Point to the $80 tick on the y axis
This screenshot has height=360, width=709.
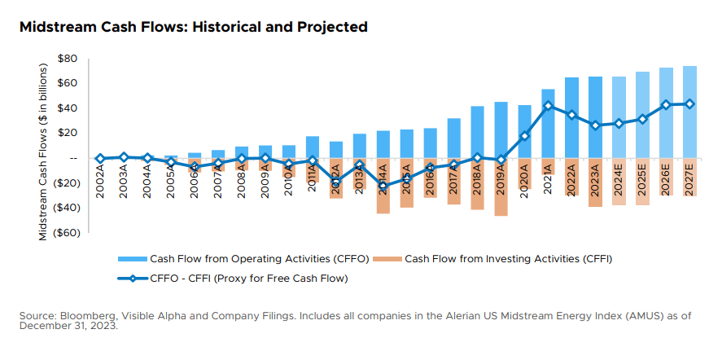67,59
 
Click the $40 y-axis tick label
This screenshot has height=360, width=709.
67,108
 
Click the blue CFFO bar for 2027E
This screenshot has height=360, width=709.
689,112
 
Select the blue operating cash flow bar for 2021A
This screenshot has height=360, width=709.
548,123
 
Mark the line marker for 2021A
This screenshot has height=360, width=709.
548,105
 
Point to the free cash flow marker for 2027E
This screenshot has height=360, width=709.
689,103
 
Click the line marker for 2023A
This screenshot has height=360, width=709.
595,125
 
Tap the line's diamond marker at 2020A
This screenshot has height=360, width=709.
524,136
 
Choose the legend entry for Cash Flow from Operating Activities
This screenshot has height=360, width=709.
244,258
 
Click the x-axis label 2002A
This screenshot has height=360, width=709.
100,178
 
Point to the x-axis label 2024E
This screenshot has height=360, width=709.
619,178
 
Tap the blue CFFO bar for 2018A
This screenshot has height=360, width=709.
477,132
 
